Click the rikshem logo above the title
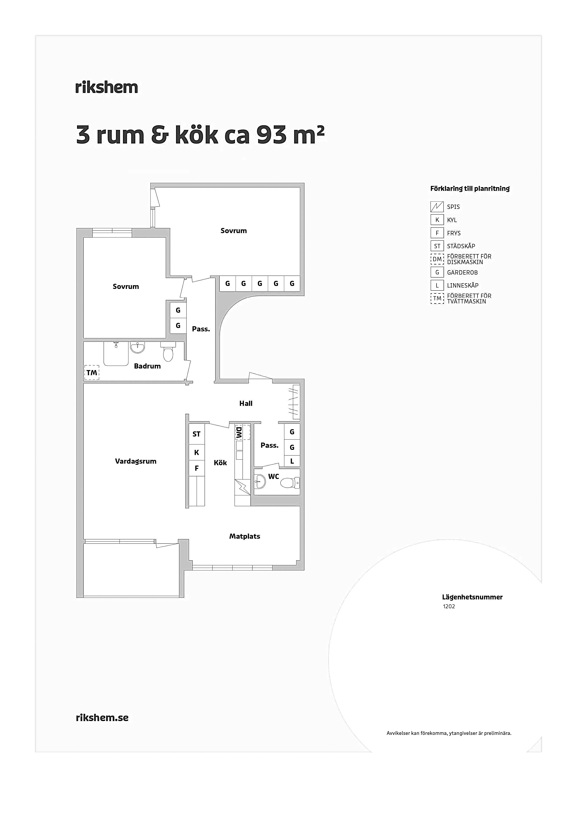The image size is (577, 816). pos(107,87)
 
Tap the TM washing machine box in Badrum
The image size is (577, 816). pos(92,373)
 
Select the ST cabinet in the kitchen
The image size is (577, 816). pos(197,434)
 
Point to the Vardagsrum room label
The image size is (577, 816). pos(136,461)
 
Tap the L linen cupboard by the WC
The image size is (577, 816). pos(292,461)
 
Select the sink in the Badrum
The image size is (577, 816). pos(138,347)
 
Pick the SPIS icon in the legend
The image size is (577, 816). pos(437,207)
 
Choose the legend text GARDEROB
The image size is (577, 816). pos(462,273)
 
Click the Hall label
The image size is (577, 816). pos(246,403)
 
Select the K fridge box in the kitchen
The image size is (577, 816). pos(197,452)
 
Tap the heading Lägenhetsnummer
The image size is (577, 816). pos(472,597)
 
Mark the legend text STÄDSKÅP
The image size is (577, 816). pos(461,246)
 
